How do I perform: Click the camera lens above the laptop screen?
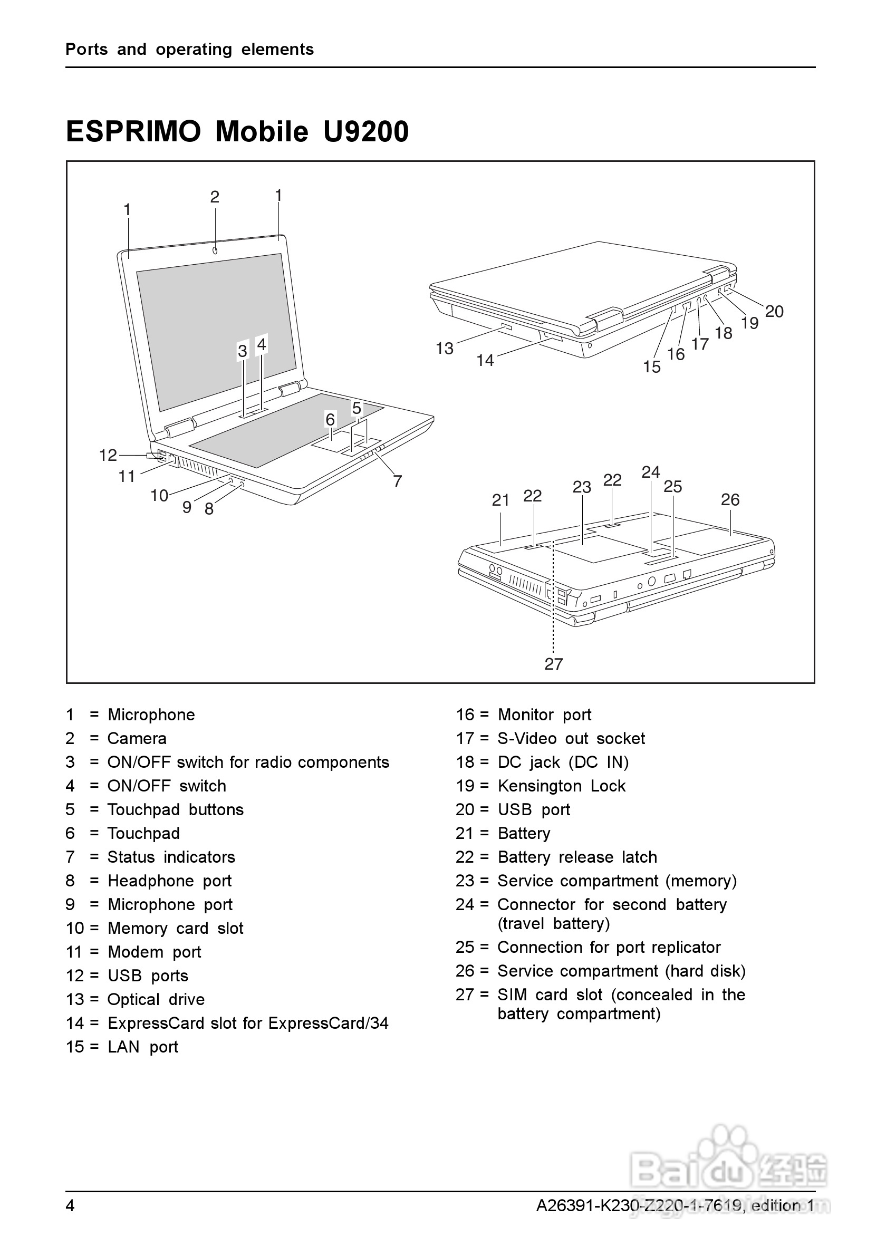click(215, 250)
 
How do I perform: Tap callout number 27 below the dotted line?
click(554, 663)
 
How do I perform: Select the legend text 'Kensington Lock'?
click(561, 786)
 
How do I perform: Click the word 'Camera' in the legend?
click(137, 738)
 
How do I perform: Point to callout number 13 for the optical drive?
click(445, 348)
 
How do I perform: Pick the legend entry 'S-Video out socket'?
click(571, 738)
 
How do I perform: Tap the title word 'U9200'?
click(365, 132)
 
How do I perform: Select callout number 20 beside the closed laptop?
click(774, 311)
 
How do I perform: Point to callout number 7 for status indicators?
click(397, 481)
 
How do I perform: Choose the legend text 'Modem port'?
click(155, 952)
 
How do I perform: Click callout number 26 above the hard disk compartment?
click(730, 499)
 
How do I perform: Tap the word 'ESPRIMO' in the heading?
click(133, 132)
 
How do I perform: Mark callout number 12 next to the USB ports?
click(108, 455)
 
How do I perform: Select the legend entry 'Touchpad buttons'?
click(176, 809)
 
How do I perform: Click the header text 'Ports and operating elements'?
click(190, 49)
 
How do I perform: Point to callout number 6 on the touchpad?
click(330, 419)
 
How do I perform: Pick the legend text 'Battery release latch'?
click(577, 856)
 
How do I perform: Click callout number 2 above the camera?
click(215, 197)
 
